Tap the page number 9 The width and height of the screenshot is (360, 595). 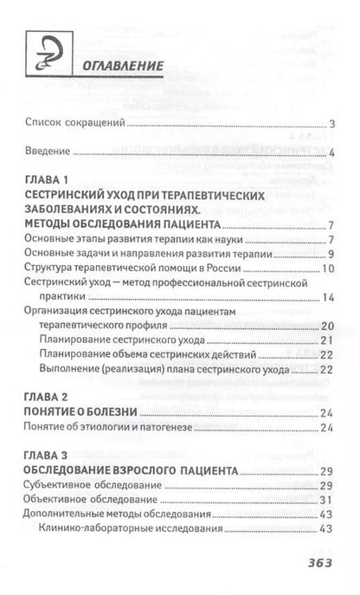[331, 254]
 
